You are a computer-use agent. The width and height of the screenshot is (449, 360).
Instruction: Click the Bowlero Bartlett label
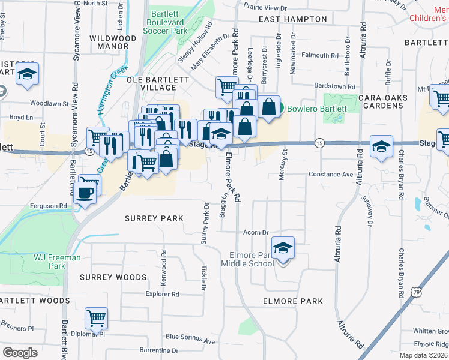tap(316, 109)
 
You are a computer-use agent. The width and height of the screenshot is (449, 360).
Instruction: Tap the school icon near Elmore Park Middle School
tap(283, 248)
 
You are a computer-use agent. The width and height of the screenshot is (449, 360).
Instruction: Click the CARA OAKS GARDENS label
tap(382, 101)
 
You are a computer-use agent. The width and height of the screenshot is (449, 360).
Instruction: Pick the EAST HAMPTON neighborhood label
tap(293, 19)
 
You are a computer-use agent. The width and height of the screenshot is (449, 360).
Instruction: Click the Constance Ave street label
tap(331, 175)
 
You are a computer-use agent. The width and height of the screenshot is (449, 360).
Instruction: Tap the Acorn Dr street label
tap(255, 232)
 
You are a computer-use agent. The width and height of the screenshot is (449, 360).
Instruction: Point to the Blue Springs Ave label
tap(190, 340)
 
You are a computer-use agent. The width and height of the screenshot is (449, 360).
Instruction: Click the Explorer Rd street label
tap(163, 295)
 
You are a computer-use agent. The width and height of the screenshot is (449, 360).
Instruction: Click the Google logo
tap(20, 353)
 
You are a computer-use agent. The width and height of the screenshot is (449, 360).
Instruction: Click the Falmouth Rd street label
tap(320, 55)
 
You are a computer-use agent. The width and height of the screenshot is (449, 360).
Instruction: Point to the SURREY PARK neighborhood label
tap(154, 218)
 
